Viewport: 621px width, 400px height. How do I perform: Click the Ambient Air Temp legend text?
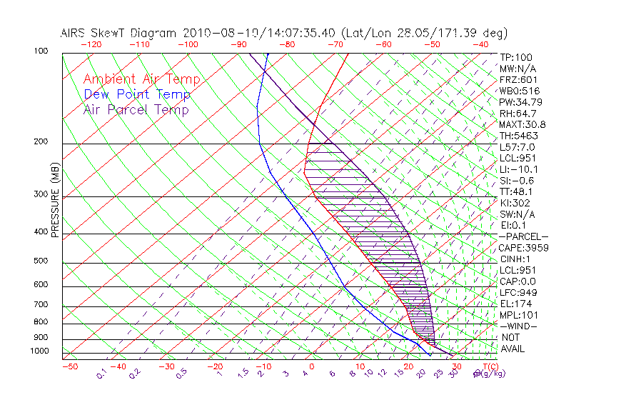141,79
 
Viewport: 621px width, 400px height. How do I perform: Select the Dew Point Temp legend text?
137,94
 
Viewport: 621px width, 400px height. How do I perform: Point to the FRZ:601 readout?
518,80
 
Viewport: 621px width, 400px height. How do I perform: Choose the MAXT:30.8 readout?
522,124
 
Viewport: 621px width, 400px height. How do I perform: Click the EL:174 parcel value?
515,304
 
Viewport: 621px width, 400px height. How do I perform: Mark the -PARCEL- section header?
523,236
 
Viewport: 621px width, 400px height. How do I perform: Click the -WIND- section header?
518,326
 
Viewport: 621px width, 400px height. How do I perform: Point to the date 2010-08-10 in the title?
213,33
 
